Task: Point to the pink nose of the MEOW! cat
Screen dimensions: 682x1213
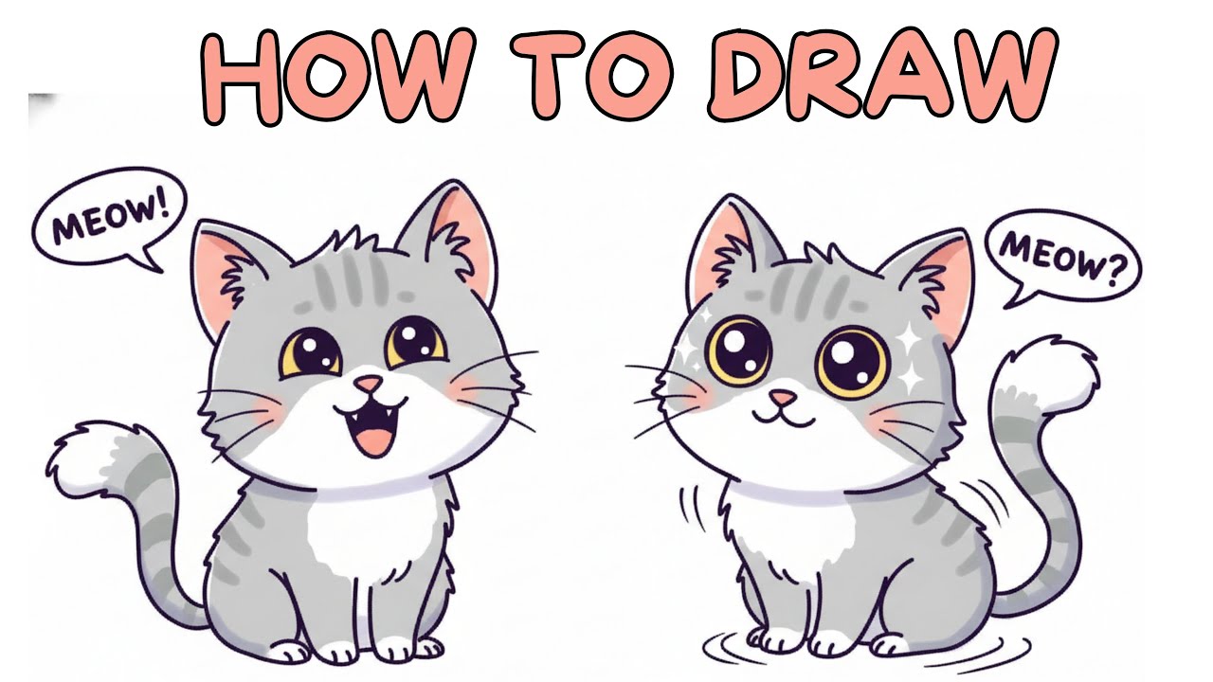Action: [x=370, y=384]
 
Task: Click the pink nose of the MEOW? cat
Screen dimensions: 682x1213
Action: [x=783, y=395]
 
